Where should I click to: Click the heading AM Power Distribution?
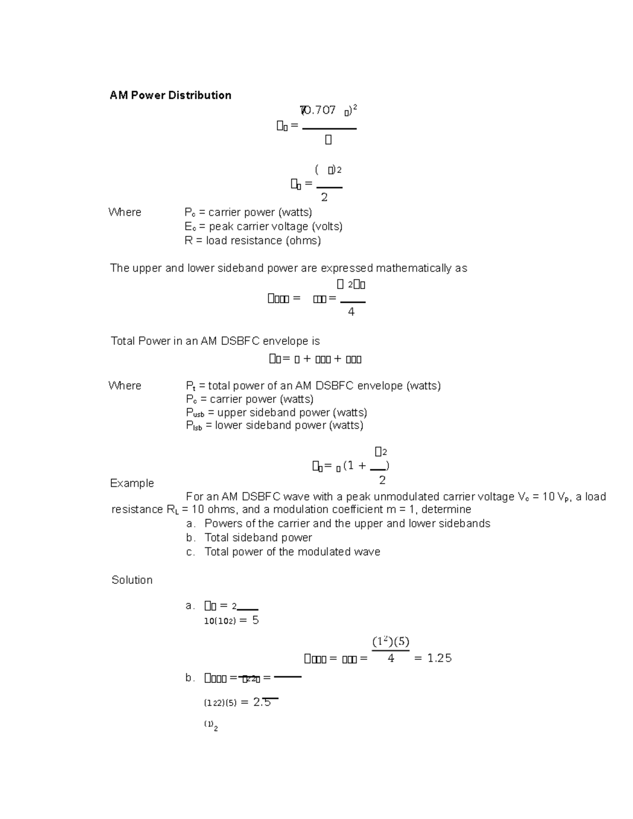point(170,95)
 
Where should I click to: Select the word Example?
point(132,483)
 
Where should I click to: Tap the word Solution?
point(132,580)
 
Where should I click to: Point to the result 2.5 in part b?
point(262,702)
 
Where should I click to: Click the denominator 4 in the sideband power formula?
point(351,312)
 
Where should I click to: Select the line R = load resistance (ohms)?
point(253,240)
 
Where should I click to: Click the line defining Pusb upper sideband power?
point(276,412)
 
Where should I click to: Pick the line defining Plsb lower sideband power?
point(274,426)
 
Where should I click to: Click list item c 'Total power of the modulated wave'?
point(292,552)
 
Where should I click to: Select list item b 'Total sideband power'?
point(258,537)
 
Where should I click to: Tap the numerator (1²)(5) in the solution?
point(391,642)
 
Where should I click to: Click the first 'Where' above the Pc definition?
point(125,213)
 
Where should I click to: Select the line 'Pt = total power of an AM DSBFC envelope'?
point(313,386)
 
